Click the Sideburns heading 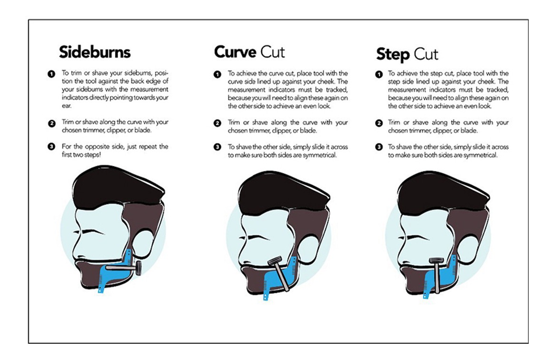[95, 51]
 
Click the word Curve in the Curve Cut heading [235, 51]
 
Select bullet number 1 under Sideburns [51, 74]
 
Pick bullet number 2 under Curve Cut [218, 123]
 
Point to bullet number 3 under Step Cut [379, 147]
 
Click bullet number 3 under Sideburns [51, 146]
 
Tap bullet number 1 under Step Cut [379, 74]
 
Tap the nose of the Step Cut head [403, 248]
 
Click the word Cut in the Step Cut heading [426, 54]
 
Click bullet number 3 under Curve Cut [218, 147]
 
